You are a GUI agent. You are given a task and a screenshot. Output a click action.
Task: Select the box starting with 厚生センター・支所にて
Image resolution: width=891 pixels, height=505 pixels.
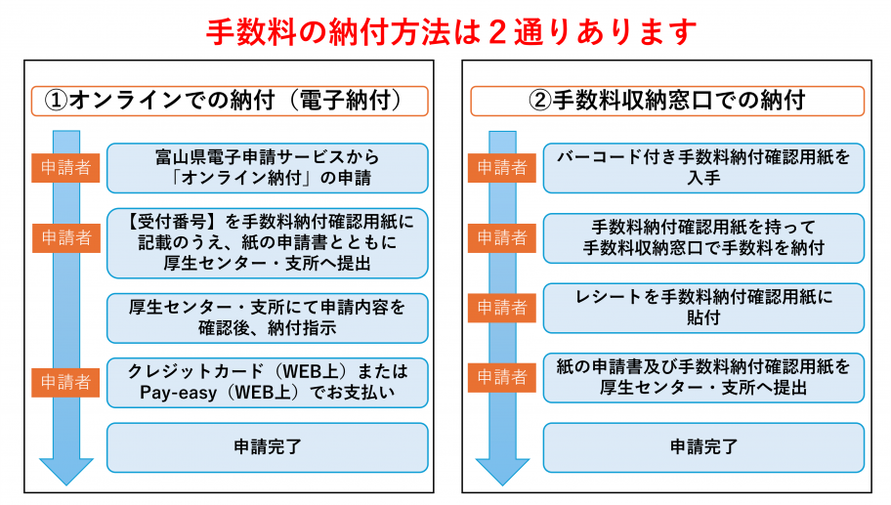(x=267, y=316)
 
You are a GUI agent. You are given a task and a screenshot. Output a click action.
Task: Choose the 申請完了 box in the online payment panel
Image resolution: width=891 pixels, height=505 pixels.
(x=267, y=446)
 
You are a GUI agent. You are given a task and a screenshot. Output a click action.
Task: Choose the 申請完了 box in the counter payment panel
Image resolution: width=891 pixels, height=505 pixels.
(x=703, y=446)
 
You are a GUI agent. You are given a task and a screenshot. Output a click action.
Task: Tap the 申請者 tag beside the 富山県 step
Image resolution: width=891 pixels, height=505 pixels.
(x=66, y=167)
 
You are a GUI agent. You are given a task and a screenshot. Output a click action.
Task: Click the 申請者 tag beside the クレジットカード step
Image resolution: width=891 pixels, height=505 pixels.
(x=66, y=381)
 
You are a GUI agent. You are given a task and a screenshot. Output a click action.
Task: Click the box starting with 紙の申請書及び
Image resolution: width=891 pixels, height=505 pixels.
(x=703, y=377)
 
